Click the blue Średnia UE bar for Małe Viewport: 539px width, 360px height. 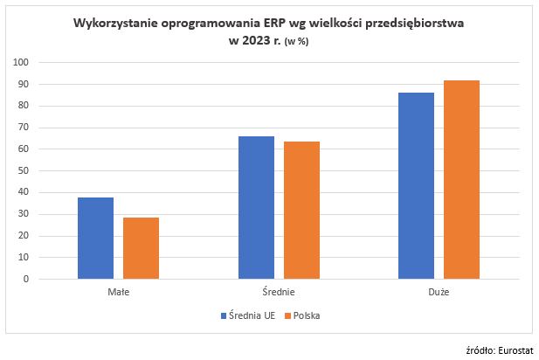pyautogui.click(x=95, y=239)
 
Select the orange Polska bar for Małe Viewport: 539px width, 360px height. pyautogui.click(x=141, y=248)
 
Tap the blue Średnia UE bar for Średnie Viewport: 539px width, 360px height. pyautogui.click(x=256, y=208)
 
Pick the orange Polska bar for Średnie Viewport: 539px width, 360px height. pyautogui.click(x=301, y=211)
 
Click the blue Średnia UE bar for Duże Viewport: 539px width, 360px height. pyautogui.click(x=417, y=186)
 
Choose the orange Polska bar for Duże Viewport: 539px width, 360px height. pyautogui.click(x=462, y=180)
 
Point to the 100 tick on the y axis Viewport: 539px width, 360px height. pyautogui.click(x=21, y=63)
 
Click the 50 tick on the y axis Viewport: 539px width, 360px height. pyautogui.click(x=24, y=171)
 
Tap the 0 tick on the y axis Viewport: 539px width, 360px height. pyautogui.click(x=26, y=280)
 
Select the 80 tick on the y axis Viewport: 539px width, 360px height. pyautogui.click(x=24, y=106)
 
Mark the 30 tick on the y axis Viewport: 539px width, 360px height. pyautogui.click(x=24, y=214)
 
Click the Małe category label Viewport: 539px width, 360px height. pyautogui.click(x=119, y=293)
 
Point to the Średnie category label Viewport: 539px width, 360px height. pyautogui.click(x=279, y=293)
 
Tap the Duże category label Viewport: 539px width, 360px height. pyautogui.click(x=439, y=293)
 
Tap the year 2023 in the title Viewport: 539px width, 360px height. pyautogui.click(x=249, y=41)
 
